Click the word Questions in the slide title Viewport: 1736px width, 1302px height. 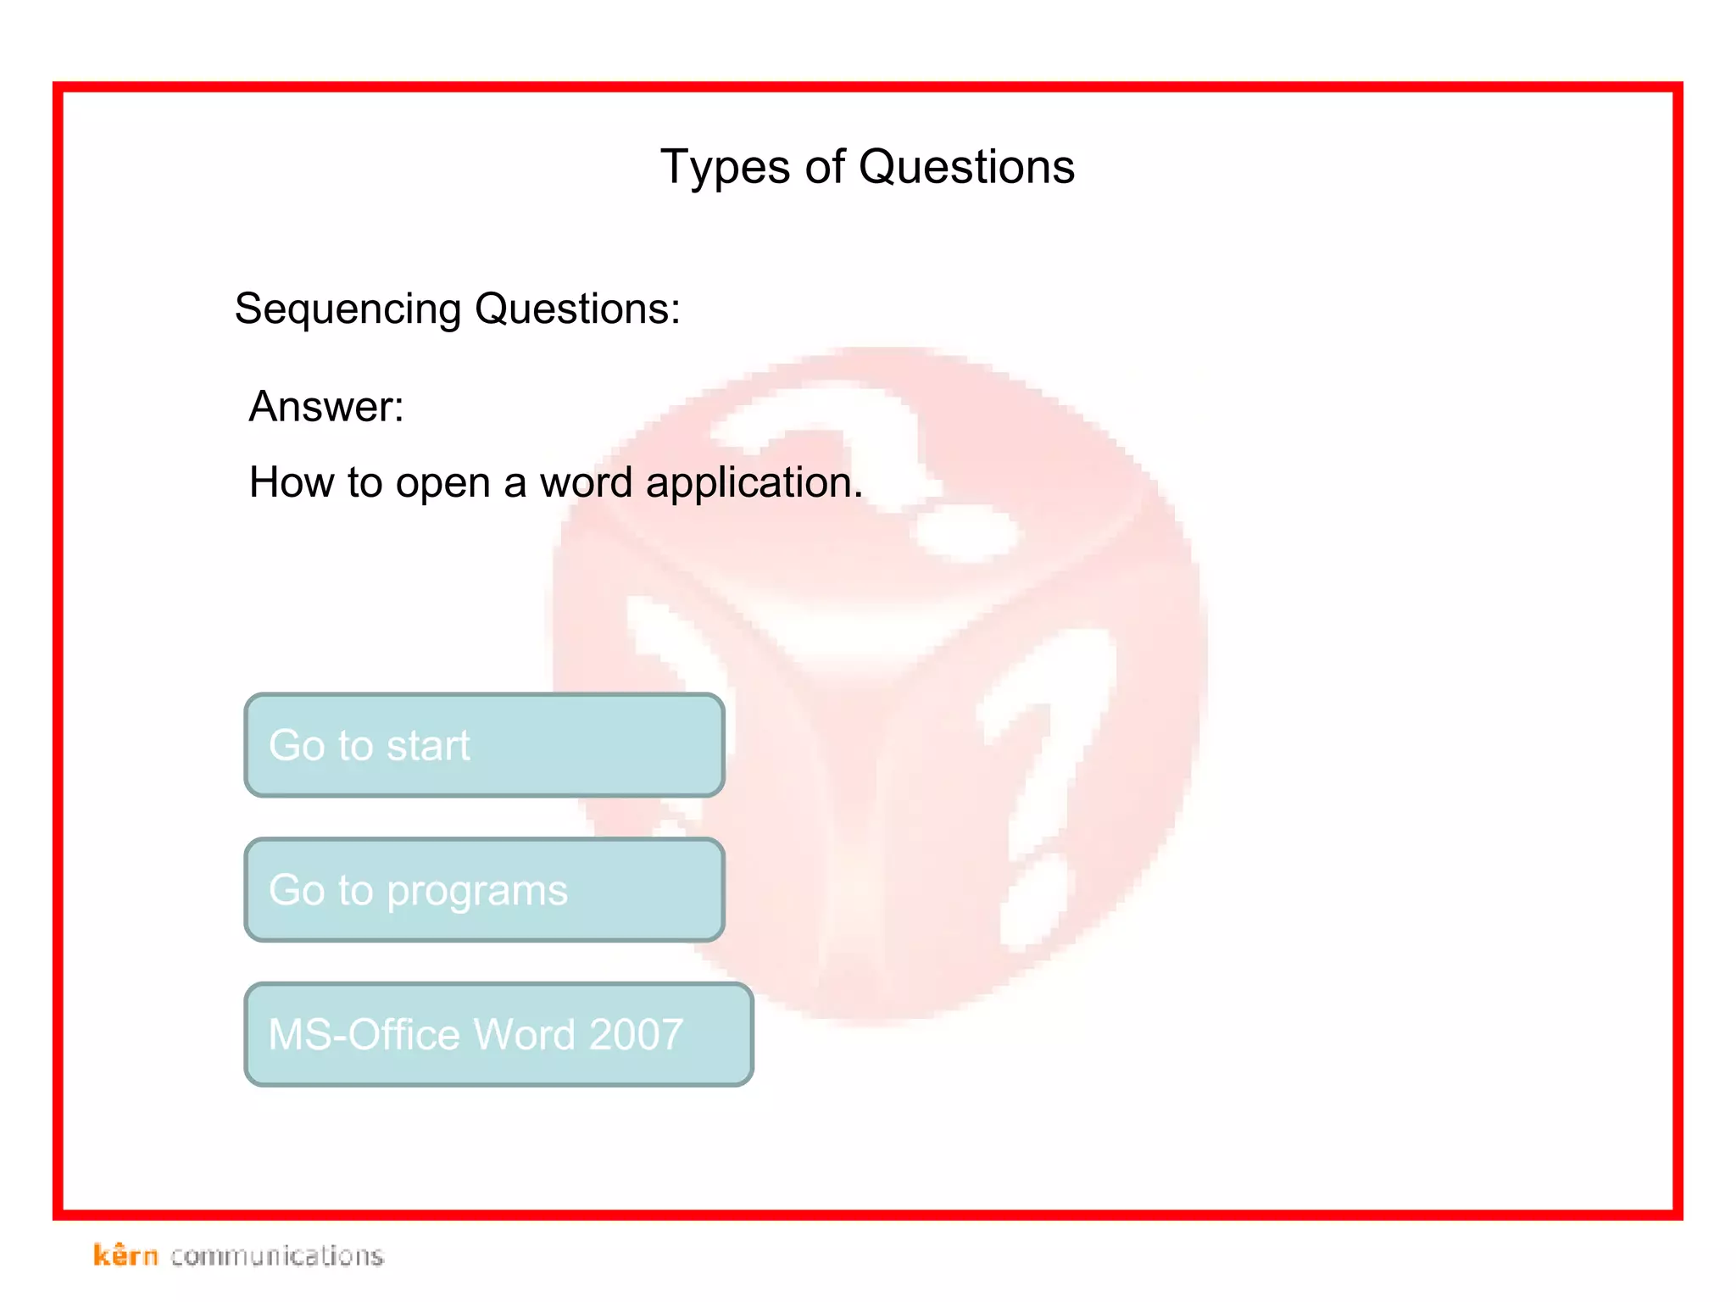click(x=966, y=167)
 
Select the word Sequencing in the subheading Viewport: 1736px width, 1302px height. click(x=348, y=309)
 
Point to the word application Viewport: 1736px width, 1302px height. click(x=754, y=483)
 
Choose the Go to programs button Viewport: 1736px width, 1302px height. click(x=484, y=890)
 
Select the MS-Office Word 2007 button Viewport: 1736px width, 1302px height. click(x=498, y=1034)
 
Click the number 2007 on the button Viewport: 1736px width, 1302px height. click(x=636, y=1035)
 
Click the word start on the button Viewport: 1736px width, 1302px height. click(x=428, y=746)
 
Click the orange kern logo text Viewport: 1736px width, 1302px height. click(x=125, y=1255)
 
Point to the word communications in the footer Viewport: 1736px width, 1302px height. click(x=277, y=1255)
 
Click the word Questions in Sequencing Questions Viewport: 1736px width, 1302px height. click(x=577, y=309)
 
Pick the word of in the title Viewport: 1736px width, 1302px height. click(x=825, y=167)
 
